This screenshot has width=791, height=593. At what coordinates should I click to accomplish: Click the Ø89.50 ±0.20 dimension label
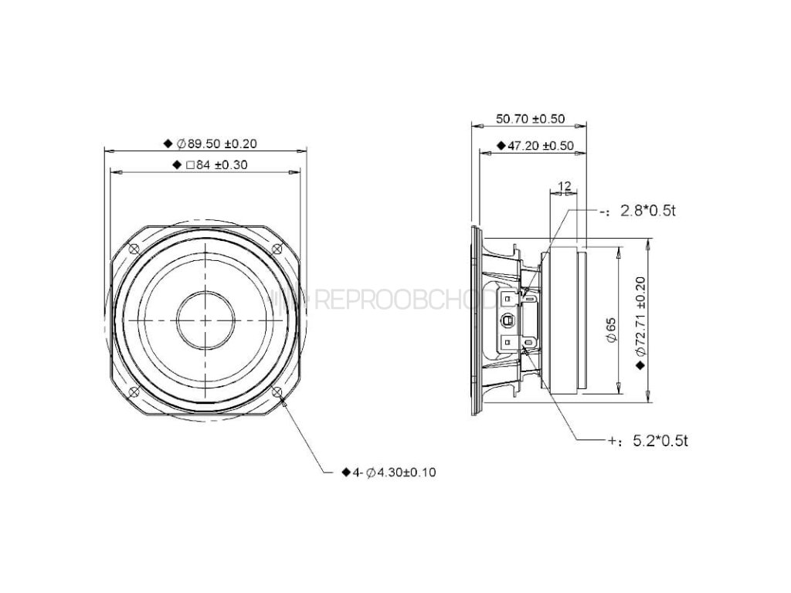[x=216, y=144]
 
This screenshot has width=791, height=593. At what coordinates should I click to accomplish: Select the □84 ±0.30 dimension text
[x=211, y=164]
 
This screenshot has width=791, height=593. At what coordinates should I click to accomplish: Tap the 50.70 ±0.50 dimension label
[x=530, y=119]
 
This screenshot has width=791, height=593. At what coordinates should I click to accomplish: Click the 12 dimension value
[x=563, y=186]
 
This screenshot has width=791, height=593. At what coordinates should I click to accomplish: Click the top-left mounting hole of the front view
[x=134, y=249]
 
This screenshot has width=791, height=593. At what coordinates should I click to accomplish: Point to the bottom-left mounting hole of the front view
[x=134, y=391]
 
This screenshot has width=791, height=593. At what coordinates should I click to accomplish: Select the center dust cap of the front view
[x=205, y=319]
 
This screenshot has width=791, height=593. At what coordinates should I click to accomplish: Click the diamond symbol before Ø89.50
[x=168, y=144]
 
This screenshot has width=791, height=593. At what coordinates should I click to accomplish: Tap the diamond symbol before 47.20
[x=500, y=145]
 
